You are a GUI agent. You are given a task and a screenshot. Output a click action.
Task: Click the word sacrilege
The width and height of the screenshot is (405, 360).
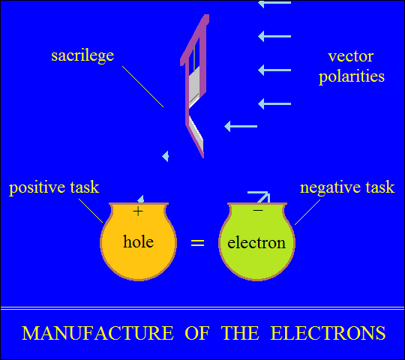tap(82, 56)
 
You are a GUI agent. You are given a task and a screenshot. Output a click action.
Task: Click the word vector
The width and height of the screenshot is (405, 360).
tap(351, 56)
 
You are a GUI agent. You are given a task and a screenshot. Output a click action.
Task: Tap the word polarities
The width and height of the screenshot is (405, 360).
tap(352, 76)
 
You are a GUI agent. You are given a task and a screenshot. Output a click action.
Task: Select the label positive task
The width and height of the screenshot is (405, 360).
tap(54, 187)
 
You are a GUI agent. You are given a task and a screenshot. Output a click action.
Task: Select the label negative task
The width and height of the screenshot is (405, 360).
tap(347, 187)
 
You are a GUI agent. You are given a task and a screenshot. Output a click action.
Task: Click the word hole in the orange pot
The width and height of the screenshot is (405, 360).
tap(139, 241)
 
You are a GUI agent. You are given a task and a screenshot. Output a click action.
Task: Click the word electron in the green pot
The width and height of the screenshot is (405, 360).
tap(256, 243)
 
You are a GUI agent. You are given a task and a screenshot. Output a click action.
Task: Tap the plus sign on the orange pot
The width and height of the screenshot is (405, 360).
tap(138, 211)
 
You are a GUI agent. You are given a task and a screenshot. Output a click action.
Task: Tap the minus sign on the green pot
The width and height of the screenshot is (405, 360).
tap(258, 211)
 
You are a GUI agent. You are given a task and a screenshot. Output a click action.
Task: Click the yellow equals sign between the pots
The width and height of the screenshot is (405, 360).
tap(197, 243)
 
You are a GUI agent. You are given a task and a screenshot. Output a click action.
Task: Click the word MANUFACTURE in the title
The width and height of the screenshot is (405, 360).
tap(97, 333)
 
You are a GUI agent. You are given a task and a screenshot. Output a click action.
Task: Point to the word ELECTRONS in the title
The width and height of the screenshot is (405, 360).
tap(328, 333)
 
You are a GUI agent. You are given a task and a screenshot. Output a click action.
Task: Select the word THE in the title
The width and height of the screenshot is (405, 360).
tap(240, 333)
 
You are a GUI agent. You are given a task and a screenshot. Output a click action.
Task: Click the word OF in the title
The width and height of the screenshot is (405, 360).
tap(197, 333)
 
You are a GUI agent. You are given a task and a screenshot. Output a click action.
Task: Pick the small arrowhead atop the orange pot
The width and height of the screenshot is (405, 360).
tap(141, 199)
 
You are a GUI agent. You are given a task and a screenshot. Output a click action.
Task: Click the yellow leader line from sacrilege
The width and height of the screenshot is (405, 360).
tap(142, 86)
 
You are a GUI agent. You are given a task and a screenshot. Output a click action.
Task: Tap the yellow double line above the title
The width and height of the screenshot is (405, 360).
tap(202, 308)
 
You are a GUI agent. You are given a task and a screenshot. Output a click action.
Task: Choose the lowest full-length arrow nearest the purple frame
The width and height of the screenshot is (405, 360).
tap(241, 126)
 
